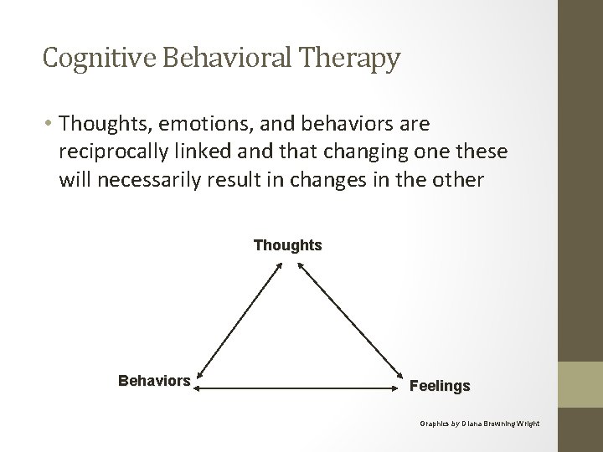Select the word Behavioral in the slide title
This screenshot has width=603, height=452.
click(219, 59)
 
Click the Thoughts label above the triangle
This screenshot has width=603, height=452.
click(287, 246)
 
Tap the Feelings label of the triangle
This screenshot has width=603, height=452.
click(440, 387)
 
